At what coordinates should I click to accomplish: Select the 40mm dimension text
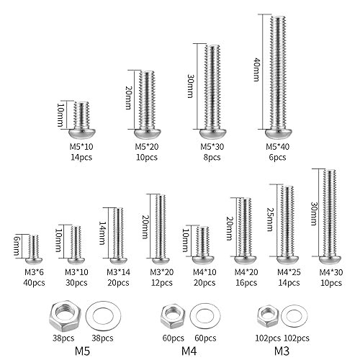[257, 72]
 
